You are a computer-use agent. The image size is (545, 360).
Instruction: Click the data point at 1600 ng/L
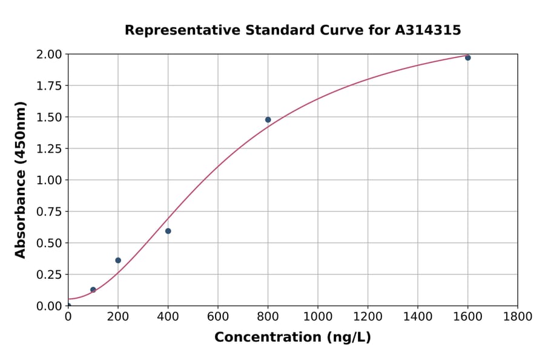point(467,58)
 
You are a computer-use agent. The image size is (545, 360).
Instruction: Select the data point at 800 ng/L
point(268,119)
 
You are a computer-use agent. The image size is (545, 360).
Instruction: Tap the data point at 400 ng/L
point(168,231)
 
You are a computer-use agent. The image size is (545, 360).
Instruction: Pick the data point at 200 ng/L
point(118,260)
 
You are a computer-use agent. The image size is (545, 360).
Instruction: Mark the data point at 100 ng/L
point(93,290)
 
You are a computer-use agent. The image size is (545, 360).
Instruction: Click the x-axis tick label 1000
point(317,316)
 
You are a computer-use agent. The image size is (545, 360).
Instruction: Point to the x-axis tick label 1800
point(517,316)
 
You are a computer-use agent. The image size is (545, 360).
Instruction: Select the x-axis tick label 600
point(218,316)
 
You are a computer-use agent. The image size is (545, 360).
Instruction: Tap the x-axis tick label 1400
point(417,316)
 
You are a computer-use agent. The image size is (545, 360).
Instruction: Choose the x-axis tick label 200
point(118,316)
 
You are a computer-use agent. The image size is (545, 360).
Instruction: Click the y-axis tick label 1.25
point(49,148)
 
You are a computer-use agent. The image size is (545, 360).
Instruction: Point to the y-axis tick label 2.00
point(49,55)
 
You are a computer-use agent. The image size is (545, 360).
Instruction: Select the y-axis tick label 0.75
point(49,212)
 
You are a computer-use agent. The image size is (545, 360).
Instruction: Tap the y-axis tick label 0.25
point(49,275)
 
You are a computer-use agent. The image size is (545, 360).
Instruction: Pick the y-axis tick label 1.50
point(49,117)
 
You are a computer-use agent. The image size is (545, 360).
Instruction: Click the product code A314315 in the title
point(428,30)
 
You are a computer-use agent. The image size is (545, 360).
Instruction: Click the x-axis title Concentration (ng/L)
point(292,338)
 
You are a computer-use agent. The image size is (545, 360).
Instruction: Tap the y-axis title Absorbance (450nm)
point(21,180)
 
